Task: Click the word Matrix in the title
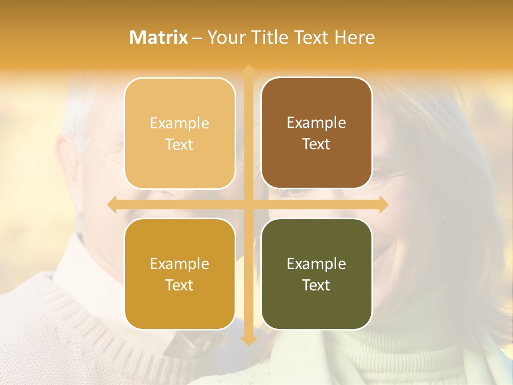coord(159,37)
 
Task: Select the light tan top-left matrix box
coord(180,133)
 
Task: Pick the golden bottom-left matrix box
coord(180,274)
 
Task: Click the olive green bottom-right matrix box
coord(316,274)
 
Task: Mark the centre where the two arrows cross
coord(248,205)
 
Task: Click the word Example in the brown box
coord(316,122)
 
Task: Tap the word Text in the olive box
coord(316,285)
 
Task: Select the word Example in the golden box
coord(180,264)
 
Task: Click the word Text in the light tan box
coord(180,144)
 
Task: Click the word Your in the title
coord(224,37)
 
